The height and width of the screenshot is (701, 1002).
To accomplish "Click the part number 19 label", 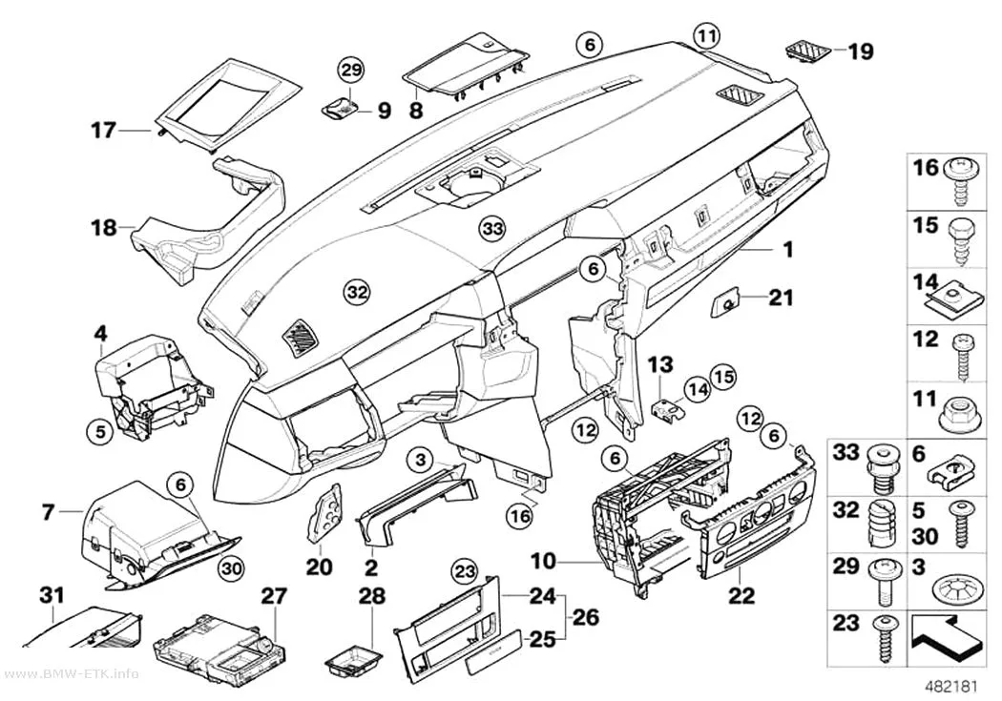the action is pos(860,51).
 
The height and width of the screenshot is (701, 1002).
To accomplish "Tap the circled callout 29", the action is pos(350,70).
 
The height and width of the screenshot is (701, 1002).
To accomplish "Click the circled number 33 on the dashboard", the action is pos(492,228).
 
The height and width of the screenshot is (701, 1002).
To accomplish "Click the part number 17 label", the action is pos(103,131).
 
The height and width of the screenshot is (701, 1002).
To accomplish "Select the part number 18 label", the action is pos(103,227).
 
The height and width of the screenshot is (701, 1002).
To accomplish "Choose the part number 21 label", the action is pos(781,298).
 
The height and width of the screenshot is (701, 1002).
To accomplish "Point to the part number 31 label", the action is pos(52,595).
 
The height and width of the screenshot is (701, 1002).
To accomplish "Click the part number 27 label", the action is pos(274,596).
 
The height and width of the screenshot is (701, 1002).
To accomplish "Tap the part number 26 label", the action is pos(586,617).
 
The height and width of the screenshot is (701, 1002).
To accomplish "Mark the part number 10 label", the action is pos(543,562).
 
